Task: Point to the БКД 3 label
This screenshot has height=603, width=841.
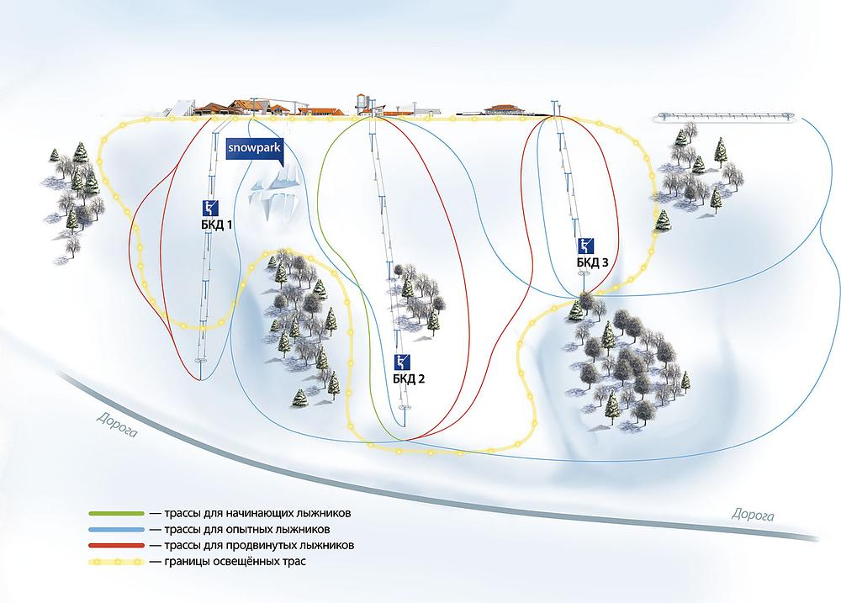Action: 592,262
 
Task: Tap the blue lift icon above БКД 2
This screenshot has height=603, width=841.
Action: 405,362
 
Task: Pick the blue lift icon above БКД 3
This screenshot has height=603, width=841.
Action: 586,246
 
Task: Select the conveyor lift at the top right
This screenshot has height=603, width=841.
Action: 724,115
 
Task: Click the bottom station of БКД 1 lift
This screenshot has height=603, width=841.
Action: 201,362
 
